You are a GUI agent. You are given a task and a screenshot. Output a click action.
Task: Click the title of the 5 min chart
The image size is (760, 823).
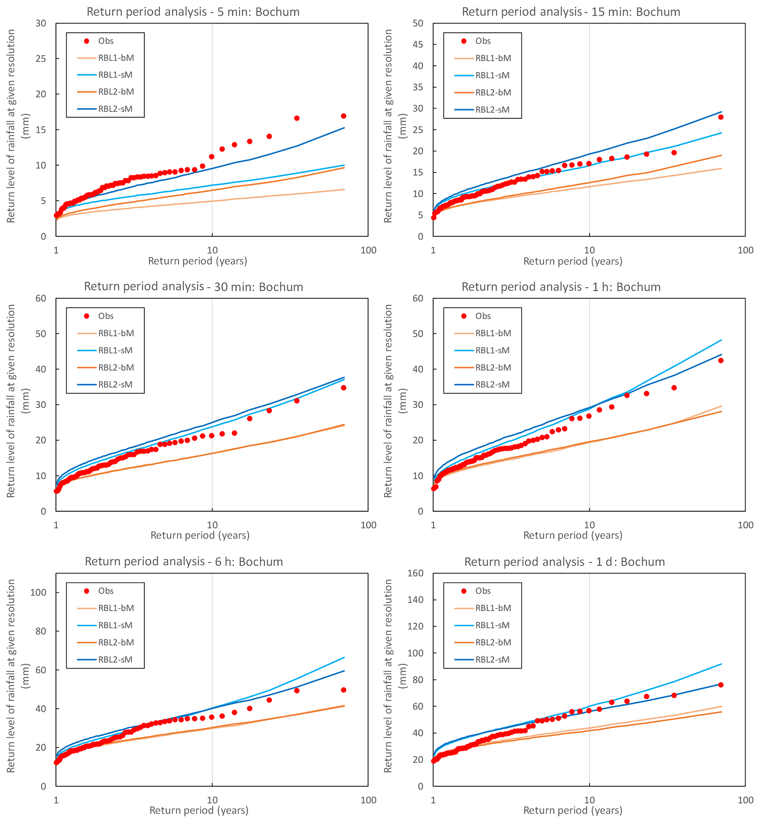click(x=193, y=12)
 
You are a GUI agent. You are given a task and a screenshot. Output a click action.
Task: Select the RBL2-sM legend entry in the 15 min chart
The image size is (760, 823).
click(x=492, y=110)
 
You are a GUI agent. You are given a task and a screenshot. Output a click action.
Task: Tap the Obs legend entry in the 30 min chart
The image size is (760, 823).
click(x=105, y=316)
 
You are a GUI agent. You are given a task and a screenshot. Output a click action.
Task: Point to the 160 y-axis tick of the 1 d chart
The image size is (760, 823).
click(x=415, y=573)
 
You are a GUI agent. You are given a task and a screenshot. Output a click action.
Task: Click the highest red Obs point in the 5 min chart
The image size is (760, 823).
click(x=343, y=116)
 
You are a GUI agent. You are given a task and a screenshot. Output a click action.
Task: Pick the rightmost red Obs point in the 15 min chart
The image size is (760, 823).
click(x=721, y=117)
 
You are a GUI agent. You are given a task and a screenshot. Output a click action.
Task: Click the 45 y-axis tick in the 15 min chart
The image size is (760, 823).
click(x=417, y=44)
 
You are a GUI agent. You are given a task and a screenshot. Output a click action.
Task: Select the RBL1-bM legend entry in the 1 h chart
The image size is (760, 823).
click(x=493, y=333)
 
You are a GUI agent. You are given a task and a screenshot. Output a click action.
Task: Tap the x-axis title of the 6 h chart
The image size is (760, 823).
click(x=199, y=810)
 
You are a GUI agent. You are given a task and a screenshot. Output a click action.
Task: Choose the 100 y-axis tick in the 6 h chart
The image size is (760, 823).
click(x=38, y=592)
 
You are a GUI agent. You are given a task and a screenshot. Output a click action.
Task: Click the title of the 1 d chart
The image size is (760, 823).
click(x=564, y=562)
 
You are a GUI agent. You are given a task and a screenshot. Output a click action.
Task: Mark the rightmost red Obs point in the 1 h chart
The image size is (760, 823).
click(x=721, y=361)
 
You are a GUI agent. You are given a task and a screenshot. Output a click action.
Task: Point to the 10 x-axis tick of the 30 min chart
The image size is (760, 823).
click(x=212, y=525)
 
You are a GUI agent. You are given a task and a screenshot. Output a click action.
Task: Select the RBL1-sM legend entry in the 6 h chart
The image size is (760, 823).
click(x=115, y=625)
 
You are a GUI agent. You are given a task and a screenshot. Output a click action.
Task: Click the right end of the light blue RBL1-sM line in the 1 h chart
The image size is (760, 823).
click(x=721, y=340)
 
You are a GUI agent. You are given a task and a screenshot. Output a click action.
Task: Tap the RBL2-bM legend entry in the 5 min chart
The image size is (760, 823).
click(x=115, y=92)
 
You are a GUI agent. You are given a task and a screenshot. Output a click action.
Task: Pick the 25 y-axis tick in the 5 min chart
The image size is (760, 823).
click(x=41, y=59)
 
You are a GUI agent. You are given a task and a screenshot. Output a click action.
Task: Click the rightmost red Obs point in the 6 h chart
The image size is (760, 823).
click(x=343, y=690)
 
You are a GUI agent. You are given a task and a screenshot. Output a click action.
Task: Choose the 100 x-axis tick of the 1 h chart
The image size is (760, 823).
click(x=745, y=525)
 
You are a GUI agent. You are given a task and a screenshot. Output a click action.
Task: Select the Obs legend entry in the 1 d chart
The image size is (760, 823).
click(x=482, y=591)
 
